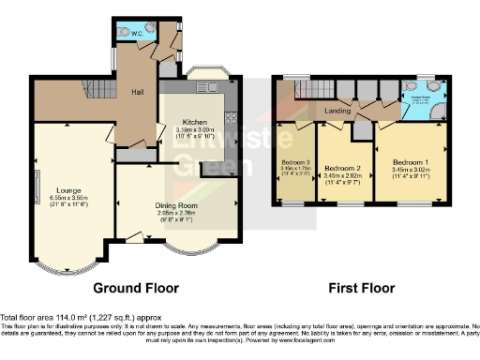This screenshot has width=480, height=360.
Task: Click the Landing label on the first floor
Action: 337,112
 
